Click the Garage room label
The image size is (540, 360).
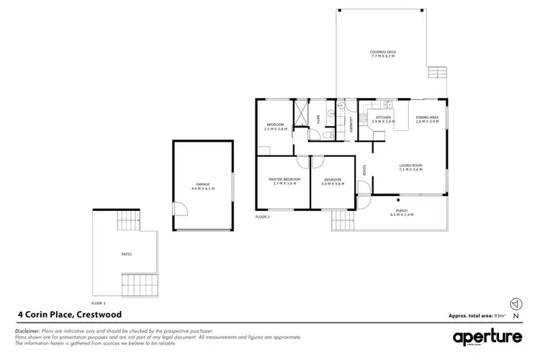pos(203,186)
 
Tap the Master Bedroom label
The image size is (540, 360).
pos(284,181)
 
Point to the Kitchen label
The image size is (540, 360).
pos(383,120)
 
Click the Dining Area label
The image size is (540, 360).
pos(428,120)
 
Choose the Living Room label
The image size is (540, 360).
pos(411,168)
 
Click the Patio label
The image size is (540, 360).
pos(126,254)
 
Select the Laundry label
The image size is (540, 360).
pos(350,124)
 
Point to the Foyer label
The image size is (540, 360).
pos(364,171)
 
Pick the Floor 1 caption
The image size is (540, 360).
pos(98,303)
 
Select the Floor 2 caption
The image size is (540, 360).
pos(262,216)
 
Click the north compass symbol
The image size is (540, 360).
pos(515,302)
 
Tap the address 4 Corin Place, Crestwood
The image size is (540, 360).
pos(69,314)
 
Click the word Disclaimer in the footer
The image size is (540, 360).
pos(30,330)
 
